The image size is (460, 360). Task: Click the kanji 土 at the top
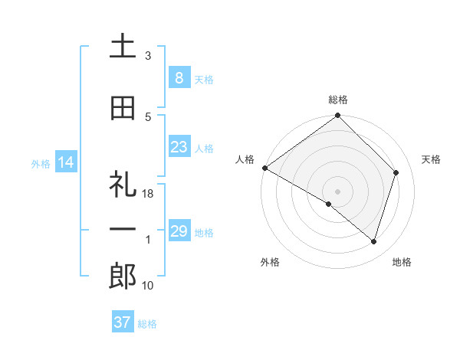tap(123, 47)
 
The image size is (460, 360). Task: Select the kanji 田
tap(123, 108)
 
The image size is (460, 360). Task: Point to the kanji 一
tap(123, 229)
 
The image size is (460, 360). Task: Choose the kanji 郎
tap(123, 277)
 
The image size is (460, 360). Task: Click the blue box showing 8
tap(179, 77)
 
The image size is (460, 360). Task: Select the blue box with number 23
tap(179, 147)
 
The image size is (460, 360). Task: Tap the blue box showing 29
tap(179, 231)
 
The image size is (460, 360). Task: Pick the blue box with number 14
tap(66, 162)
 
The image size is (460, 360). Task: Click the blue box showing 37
tap(122, 322)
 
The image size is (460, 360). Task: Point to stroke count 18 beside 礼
tap(148, 195)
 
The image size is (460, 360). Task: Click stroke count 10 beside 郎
tap(148, 286)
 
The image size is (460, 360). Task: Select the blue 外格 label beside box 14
tap(41, 163)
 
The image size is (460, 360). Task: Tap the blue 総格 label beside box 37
tap(147, 323)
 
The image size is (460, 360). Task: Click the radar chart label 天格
tap(431, 159)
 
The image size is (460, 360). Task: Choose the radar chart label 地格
tap(402, 262)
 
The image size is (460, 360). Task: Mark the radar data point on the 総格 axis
tap(337, 116)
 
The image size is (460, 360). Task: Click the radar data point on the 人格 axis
tap(264, 168)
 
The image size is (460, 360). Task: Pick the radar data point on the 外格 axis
tap(329, 204)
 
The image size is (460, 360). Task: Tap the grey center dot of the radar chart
tap(337, 191)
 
